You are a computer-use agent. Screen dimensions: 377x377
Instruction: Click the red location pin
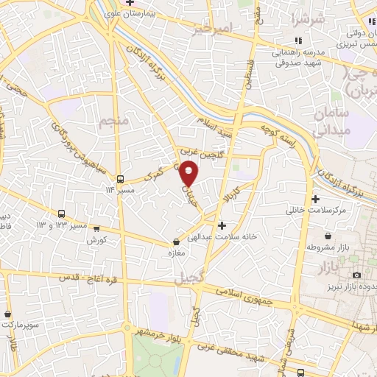coord(189,174)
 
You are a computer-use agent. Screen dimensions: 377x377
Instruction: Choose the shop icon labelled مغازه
coord(175,242)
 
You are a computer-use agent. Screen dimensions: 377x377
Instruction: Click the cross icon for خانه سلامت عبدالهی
coord(222,225)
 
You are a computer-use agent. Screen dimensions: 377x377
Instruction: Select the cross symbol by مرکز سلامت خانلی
coord(316,199)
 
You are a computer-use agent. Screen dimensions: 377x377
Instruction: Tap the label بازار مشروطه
coord(331,247)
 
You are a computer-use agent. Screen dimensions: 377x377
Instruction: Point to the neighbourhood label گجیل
coord(190,279)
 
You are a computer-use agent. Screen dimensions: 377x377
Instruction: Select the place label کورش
coord(97,241)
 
